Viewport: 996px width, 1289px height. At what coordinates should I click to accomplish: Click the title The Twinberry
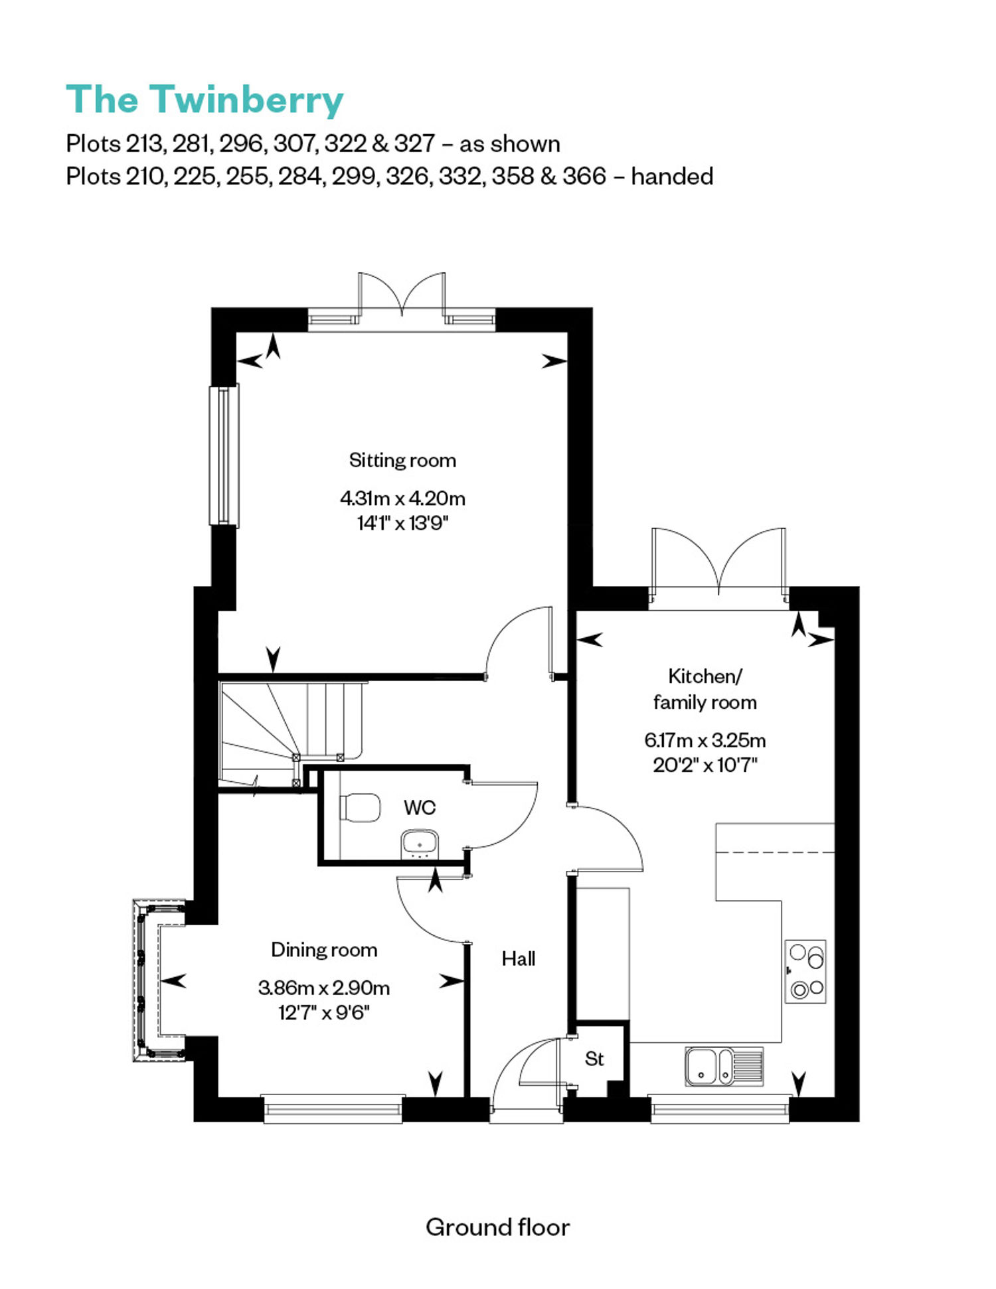point(205,100)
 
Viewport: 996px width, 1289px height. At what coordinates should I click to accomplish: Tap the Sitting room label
point(402,461)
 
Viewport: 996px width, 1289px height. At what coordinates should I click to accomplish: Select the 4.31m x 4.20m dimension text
point(402,498)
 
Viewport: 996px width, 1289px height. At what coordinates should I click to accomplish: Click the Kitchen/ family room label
point(705,689)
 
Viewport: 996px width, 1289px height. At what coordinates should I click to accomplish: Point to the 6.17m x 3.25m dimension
point(705,739)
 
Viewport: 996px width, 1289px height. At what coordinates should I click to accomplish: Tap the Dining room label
point(324,950)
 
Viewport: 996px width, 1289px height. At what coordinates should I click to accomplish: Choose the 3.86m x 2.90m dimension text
point(324,988)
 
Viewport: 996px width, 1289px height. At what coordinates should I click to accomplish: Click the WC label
point(420,807)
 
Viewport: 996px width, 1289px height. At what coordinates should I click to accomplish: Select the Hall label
point(519,958)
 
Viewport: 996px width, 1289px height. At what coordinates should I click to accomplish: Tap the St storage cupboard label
point(594,1059)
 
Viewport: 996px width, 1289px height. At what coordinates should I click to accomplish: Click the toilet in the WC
point(360,807)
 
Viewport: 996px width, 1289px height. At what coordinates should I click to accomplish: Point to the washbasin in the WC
point(420,844)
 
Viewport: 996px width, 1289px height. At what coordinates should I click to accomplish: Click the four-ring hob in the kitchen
point(805,971)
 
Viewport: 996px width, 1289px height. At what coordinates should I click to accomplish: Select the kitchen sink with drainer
point(724,1066)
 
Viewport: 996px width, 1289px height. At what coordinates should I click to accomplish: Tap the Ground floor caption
point(498,1227)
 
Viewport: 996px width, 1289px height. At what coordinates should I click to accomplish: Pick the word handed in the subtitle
point(672,176)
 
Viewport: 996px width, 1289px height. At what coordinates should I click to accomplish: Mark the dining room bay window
point(159,980)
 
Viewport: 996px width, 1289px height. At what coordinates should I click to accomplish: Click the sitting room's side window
point(224,455)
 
